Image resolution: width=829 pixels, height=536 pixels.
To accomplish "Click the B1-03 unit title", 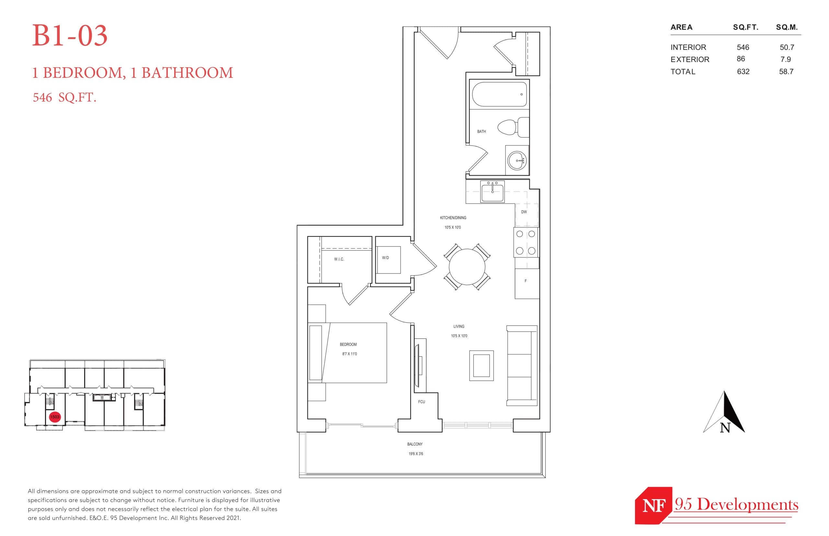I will coord(70,36).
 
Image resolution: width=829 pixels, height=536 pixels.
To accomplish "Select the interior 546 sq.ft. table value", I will coord(742,47).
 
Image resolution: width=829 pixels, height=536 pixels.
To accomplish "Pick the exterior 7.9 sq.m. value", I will coord(786,60).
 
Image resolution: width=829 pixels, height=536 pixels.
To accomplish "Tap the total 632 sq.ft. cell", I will coord(743,72).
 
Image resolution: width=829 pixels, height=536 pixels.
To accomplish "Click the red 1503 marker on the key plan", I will coord(55,417).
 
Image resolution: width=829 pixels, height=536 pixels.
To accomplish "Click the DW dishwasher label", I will coord(523,212).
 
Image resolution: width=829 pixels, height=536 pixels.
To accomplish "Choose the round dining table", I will coord(467,267).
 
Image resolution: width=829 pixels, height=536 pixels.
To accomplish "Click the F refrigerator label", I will coord(525,281).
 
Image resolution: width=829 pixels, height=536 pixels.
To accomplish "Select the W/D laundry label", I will coord(385,258).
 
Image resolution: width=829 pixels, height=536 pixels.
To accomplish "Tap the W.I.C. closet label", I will coord(339,259).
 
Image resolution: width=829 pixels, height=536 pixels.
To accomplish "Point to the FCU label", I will coord(421,402).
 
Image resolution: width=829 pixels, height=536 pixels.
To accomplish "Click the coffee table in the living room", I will coord(481,365).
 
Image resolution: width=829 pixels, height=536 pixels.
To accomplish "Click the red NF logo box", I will coord(653,505).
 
